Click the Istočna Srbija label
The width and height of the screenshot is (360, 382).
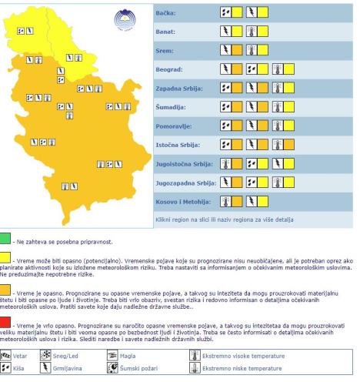tap(168, 144)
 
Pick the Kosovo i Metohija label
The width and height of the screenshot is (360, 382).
tap(172, 201)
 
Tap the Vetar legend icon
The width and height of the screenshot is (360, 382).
tap(8, 355)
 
